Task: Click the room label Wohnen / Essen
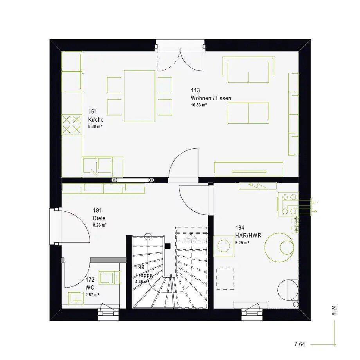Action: click(211, 98)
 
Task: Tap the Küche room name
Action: click(96, 120)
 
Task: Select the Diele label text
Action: click(99, 218)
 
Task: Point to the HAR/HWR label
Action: click(248, 236)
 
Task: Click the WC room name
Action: click(90, 288)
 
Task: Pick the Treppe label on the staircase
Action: click(144, 275)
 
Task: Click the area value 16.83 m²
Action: click(199, 105)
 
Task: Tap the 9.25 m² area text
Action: click(242, 243)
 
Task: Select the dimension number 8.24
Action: click(334, 310)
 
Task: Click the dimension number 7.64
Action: click(300, 344)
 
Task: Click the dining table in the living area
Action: click(140, 96)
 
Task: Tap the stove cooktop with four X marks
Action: click(72, 125)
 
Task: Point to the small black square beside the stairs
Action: click(168, 246)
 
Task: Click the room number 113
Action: click(195, 90)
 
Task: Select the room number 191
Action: click(97, 210)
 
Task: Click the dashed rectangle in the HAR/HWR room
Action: click(225, 279)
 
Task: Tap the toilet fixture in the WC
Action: click(76, 298)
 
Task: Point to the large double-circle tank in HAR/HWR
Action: click(279, 247)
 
